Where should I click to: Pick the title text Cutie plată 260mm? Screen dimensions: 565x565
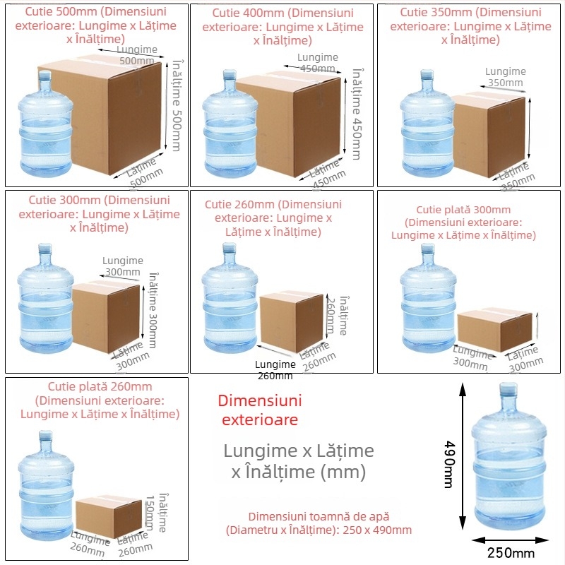point(100,387)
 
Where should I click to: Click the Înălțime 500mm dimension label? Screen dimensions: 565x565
point(177,106)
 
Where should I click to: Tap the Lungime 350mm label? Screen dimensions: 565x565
point(505,77)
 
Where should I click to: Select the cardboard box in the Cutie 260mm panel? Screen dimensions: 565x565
point(290,321)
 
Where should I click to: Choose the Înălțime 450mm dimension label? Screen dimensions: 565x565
point(357,113)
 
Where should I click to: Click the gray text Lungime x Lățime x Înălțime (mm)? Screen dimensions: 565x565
point(298,461)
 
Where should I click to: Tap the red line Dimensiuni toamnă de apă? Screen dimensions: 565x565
point(319,517)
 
